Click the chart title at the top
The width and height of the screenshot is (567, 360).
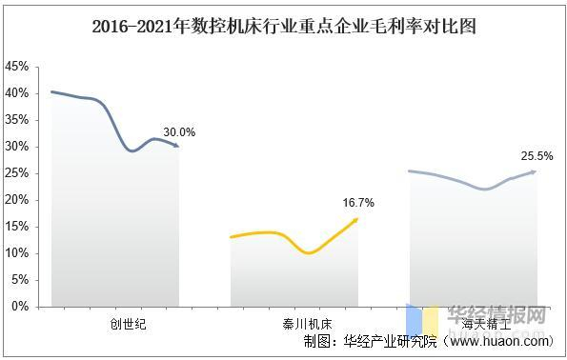coord(283,27)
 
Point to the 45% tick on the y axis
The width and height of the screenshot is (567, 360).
coord(16,67)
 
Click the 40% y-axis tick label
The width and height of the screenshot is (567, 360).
coord(16,93)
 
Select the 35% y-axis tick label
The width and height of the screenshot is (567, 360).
coord(16,120)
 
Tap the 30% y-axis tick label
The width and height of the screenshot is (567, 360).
coord(16,147)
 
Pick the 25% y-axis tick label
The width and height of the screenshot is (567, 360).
coord(16,173)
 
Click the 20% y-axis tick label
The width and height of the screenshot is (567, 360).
coord(16,200)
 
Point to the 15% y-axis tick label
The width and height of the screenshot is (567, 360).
coord(16,227)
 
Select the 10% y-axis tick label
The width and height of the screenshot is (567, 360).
coord(16,253)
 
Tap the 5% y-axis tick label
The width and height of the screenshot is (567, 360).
coord(19,280)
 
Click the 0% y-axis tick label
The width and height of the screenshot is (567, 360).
coord(19,307)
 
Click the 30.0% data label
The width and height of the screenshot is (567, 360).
coord(178,132)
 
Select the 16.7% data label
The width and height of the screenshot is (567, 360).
coord(357,203)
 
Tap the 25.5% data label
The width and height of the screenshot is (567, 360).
coord(537,155)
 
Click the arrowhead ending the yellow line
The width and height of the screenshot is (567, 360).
coord(355,220)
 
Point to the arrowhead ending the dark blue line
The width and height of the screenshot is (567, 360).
coord(175,145)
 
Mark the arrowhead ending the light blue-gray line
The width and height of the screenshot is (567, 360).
coord(533,171)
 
